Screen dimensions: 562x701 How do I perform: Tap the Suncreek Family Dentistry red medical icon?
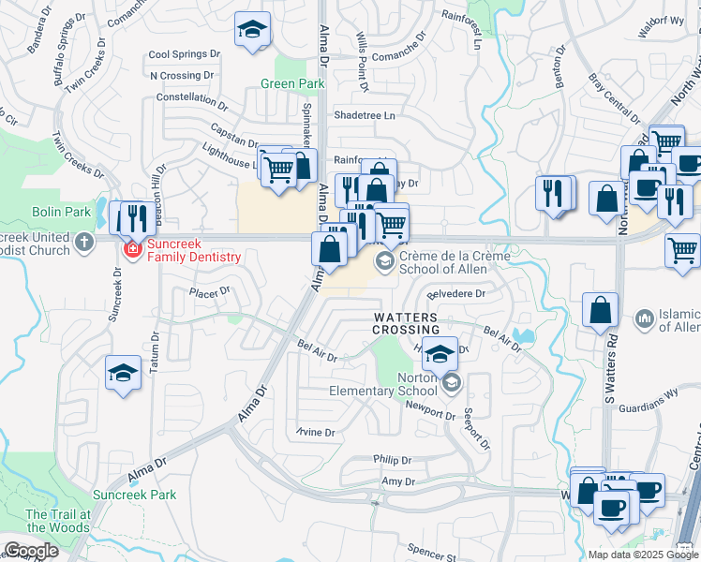pyautogui.click(x=131, y=250)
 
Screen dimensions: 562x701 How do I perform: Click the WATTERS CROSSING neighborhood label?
pyautogui.click(x=406, y=324)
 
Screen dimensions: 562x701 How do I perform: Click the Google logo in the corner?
pyautogui.click(x=31, y=551)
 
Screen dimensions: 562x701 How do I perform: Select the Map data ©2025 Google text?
pyautogui.click(x=643, y=555)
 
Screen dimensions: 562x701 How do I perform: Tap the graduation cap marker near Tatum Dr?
pyautogui.click(x=123, y=374)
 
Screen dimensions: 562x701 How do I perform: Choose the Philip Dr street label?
pyautogui.click(x=392, y=460)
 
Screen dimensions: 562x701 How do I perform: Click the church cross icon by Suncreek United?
pyautogui.click(x=84, y=243)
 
